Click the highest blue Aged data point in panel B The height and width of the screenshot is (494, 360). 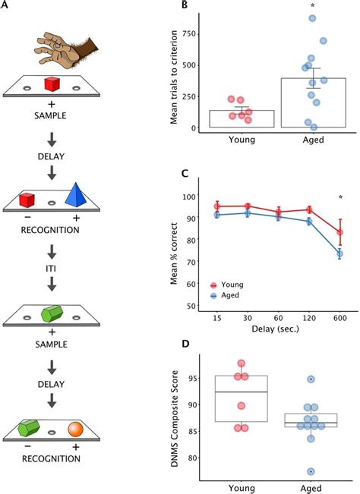[312, 18]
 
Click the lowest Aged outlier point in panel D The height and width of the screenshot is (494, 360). [311, 471]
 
